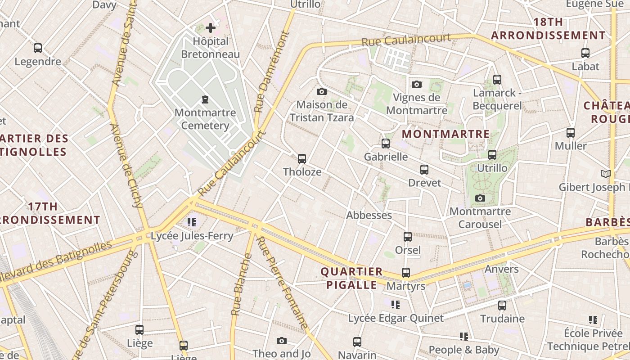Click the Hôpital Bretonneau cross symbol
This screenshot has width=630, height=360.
click(210, 28)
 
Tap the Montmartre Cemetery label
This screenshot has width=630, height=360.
click(205, 119)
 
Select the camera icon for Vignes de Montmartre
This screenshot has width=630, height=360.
click(417, 84)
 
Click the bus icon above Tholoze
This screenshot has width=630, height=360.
click(302, 158)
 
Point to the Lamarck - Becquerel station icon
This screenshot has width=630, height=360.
click(497, 80)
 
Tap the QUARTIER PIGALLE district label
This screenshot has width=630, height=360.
click(351, 278)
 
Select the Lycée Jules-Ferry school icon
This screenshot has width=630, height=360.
click(192, 222)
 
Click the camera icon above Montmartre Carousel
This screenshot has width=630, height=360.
click(480, 198)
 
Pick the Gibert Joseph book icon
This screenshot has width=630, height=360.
click(606, 174)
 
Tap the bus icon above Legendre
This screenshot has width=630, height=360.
click(38, 48)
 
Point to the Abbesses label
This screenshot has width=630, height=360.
click(369, 215)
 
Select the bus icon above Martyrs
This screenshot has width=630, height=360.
click(406, 273)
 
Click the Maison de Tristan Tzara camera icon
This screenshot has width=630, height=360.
click(321, 91)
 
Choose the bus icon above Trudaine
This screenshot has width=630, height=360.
click(502, 305)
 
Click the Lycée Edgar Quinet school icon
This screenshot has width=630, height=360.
click(396, 305)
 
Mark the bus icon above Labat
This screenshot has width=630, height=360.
click(585, 53)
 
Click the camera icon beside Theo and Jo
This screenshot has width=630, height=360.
click(282, 341)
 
